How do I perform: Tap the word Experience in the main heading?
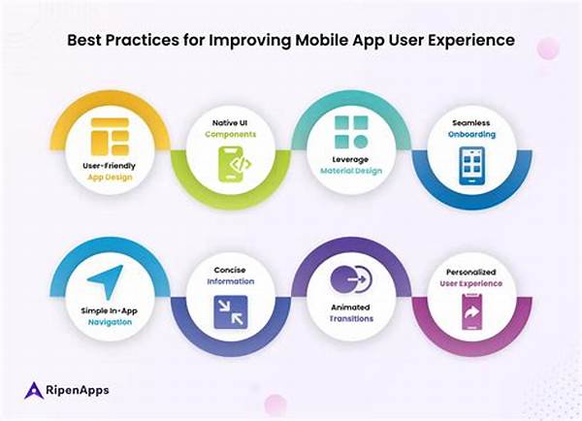(x=471, y=41)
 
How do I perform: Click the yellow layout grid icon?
(x=110, y=137)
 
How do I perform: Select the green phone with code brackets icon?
(x=234, y=164)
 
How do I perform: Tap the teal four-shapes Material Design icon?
(x=351, y=132)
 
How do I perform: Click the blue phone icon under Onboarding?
(x=471, y=166)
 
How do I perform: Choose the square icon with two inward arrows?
(x=231, y=312)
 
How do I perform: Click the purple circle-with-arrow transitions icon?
(x=351, y=278)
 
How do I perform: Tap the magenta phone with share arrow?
(x=471, y=311)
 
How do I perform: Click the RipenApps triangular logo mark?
(x=34, y=390)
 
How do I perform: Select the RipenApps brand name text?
(x=78, y=390)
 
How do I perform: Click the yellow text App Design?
(x=110, y=178)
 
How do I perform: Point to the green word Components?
(x=231, y=134)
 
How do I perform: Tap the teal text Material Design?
(x=351, y=171)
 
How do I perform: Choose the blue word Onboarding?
(x=471, y=134)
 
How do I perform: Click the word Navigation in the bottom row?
(x=110, y=322)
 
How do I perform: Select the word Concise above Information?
(x=230, y=270)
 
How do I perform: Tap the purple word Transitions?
(x=351, y=318)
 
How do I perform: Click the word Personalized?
(x=471, y=273)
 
